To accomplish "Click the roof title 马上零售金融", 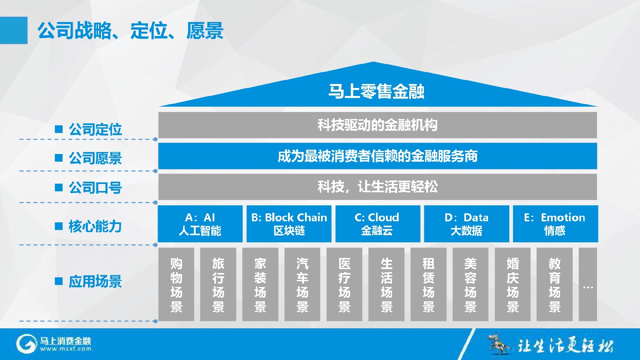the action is point(376,91).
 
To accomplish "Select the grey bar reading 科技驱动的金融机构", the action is point(377,125).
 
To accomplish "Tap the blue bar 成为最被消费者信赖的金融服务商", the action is point(377,156).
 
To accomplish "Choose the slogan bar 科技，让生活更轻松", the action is point(377,187).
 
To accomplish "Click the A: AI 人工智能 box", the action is point(200,224).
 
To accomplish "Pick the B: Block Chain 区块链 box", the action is point(289,224).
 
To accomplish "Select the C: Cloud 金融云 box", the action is point(378,224).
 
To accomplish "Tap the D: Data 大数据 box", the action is point(467,224).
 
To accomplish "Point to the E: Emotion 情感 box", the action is point(555,224).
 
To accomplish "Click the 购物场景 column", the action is point(176,284).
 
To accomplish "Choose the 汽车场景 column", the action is point(302,284).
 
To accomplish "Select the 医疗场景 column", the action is point(344,284).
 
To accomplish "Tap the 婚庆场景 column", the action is point(513,284).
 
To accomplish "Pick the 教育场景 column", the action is point(555,284).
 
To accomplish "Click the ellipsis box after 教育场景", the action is point(588,284).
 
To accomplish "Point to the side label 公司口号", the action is point(95,188).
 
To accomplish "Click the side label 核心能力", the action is point(95,226).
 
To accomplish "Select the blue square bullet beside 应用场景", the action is point(59,281).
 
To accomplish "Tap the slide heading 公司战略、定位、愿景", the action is point(130,31).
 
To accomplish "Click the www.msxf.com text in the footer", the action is point(66,349).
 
